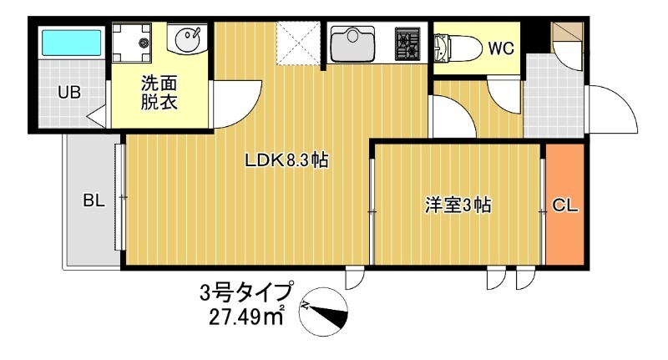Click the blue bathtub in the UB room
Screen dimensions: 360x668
[71, 43]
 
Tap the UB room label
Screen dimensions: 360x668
[68, 92]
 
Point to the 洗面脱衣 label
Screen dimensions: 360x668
[159, 93]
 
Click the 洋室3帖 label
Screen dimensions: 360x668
[457, 206]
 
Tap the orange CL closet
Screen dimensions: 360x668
[565, 205]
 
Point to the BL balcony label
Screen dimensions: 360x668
[93, 201]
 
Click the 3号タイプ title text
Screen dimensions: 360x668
[246, 293]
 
